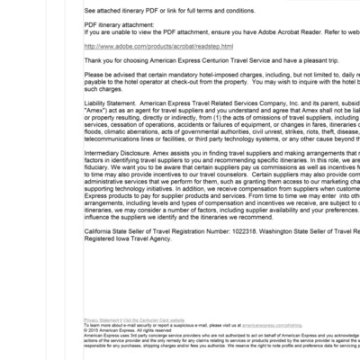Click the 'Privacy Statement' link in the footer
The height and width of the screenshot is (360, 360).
pos(101,319)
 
